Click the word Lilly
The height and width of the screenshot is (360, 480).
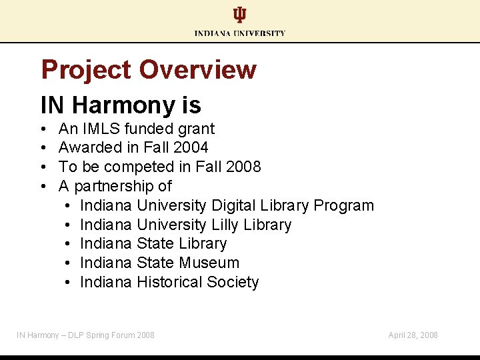tap(227, 225)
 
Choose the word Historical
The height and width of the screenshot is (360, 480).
tap(169, 282)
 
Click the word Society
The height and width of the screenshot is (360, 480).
tap(233, 282)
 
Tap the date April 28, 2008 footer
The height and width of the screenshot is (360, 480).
tap(413, 335)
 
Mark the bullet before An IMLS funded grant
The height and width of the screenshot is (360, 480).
tap(43, 129)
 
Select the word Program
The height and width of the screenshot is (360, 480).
tap(343, 205)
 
